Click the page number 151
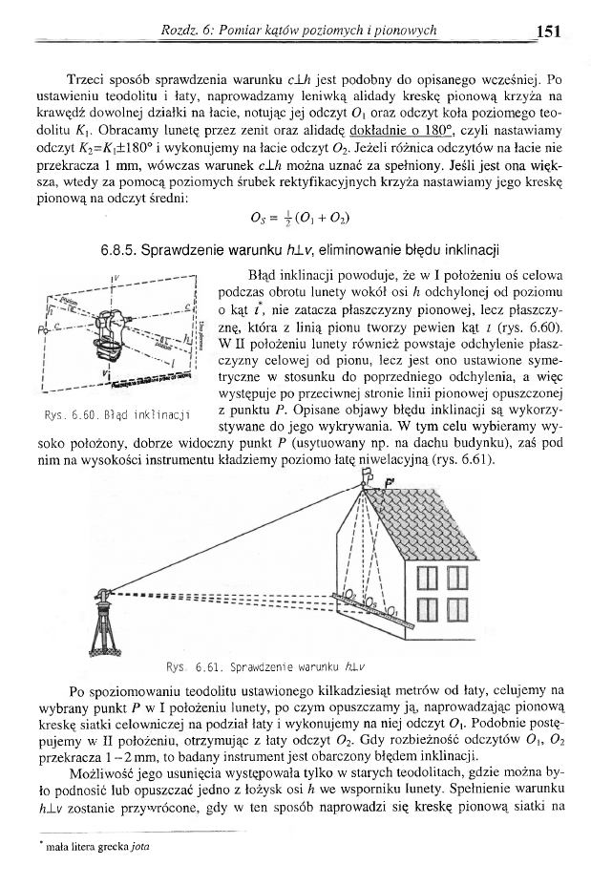click(x=547, y=31)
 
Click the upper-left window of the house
click(x=427, y=578)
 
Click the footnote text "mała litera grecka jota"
click(x=104, y=846)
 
